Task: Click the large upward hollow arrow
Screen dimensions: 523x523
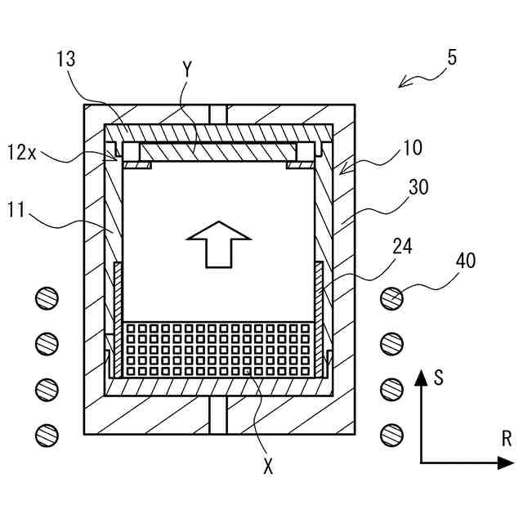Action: tap(218, 244)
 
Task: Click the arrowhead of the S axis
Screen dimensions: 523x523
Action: tap(421, 378)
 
